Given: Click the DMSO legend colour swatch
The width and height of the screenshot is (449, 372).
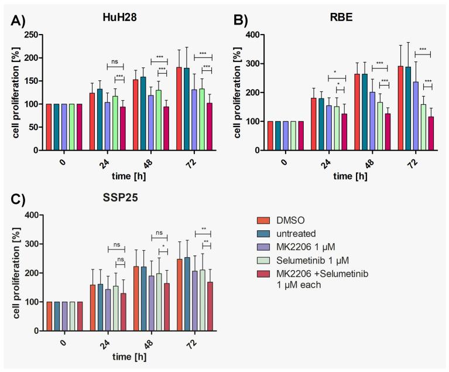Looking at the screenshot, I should [264, 220].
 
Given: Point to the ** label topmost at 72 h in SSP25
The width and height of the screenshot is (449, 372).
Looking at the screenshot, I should [203, 230].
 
